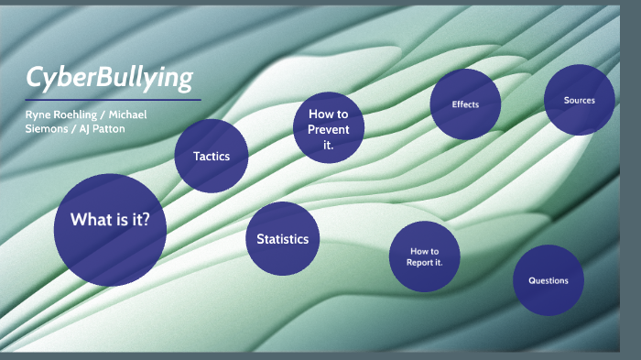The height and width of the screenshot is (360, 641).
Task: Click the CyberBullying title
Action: (110, 79)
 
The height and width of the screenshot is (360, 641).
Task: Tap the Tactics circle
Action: (212, 157)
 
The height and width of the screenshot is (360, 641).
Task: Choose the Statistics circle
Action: (282, 239)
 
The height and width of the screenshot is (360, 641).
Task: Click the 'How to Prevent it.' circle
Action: (328, 128)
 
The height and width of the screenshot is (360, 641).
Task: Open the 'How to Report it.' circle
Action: (424, 256)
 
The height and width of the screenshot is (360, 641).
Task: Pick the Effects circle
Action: (465, 104)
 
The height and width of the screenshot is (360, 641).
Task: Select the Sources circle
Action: (579, 100)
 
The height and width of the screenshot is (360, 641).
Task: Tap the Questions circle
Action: (548, 280)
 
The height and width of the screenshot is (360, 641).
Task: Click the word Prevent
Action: (328, 129)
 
